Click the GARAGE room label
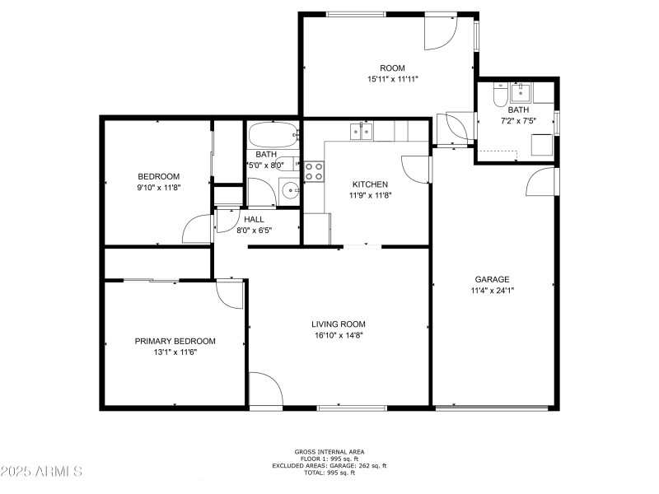point(492,279)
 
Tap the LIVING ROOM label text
point(338,324)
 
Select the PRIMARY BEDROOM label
point(175,341)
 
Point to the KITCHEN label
point(370,184)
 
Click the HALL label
point(254,220)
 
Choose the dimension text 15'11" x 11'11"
point(392,79)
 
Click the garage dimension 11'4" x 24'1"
point(492,290)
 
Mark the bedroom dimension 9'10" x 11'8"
point(158,188)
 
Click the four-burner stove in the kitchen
point(314,170)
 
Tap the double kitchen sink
point(361,130)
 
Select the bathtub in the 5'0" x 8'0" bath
point(273,133)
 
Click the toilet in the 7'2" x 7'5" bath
point(499,96)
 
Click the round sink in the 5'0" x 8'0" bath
point(291,193)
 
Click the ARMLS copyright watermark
point(41,471)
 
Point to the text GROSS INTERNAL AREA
point(329,451)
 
